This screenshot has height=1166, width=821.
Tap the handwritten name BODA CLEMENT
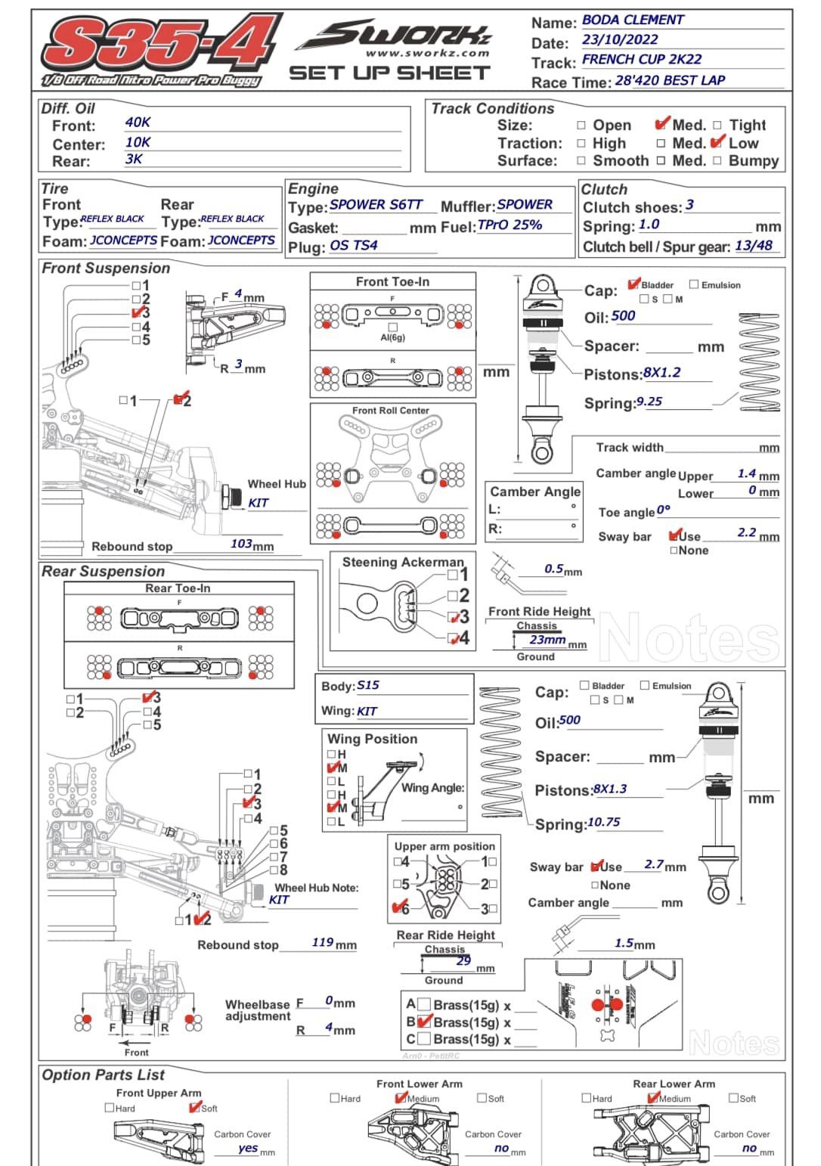tap(633, 20)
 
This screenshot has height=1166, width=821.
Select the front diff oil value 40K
tap(138, 122)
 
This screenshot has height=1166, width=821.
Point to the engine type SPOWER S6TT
tap(376, 204)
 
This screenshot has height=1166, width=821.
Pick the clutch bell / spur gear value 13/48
tap(754, 245)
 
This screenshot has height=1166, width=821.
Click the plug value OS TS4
tap(353, 245)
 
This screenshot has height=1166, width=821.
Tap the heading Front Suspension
tap(106, 268)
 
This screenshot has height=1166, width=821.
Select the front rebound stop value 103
tap(241, 544)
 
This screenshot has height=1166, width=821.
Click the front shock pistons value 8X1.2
tap(661, 372)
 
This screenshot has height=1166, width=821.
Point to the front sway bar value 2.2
tap(746, 532)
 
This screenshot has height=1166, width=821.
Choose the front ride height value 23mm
tap(547, 640)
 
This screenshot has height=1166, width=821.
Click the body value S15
tap(368, 685)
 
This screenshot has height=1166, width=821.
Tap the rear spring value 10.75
tap(603, 822)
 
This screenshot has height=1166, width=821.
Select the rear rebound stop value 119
tap(323, 942)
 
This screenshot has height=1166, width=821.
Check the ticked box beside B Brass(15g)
tap(425, 1022)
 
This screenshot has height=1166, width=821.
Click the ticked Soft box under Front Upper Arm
tap(194, 1107)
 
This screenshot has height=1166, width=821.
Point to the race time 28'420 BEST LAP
tap(670, 80)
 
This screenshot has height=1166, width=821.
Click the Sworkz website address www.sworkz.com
tap(427, 53)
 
